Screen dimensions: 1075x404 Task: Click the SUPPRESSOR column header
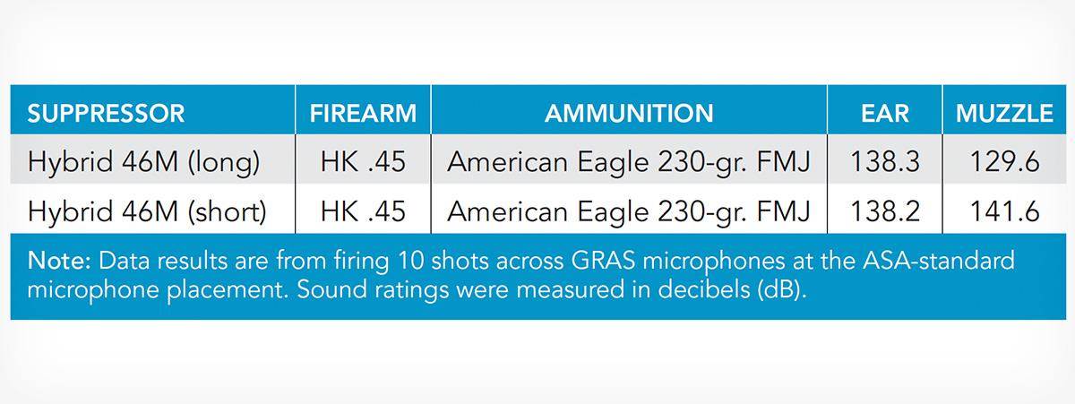(106, 114)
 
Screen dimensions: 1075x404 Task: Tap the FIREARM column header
(363, 114)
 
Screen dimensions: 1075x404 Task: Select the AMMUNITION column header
(629, 114)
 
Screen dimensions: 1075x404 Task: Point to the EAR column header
(885, 114)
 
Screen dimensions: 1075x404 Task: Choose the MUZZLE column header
(1004, 114)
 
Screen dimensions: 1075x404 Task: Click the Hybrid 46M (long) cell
(143, 162)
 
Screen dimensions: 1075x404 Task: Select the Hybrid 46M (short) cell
(147, 211)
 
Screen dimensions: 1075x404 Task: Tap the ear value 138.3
(885, 162)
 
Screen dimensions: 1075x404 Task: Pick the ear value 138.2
(885, 211)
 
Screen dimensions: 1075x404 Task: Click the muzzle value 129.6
(1004, 162)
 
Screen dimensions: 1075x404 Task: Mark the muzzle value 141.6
(1004, 211)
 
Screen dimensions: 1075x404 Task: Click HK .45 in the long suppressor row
(363, 162)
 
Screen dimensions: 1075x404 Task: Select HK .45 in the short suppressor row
(363, 211)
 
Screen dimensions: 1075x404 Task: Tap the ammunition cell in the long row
(629, 162)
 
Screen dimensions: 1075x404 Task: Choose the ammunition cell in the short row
(629, 212)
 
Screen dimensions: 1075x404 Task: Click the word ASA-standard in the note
(939, 261)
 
